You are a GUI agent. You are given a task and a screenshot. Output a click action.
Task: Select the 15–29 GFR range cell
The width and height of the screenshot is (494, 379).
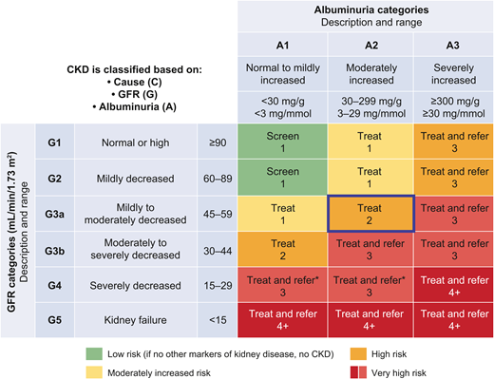[x=217, y=283]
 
